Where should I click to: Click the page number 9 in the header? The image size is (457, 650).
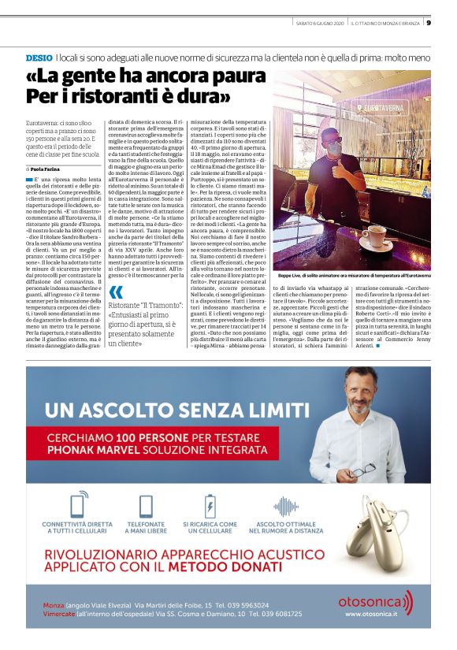coord(429,22)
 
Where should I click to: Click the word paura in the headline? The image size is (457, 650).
coord(202,78)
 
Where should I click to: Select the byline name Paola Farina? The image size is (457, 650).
coord(47,169)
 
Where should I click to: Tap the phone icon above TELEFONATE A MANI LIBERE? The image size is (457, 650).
coord(145,505)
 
